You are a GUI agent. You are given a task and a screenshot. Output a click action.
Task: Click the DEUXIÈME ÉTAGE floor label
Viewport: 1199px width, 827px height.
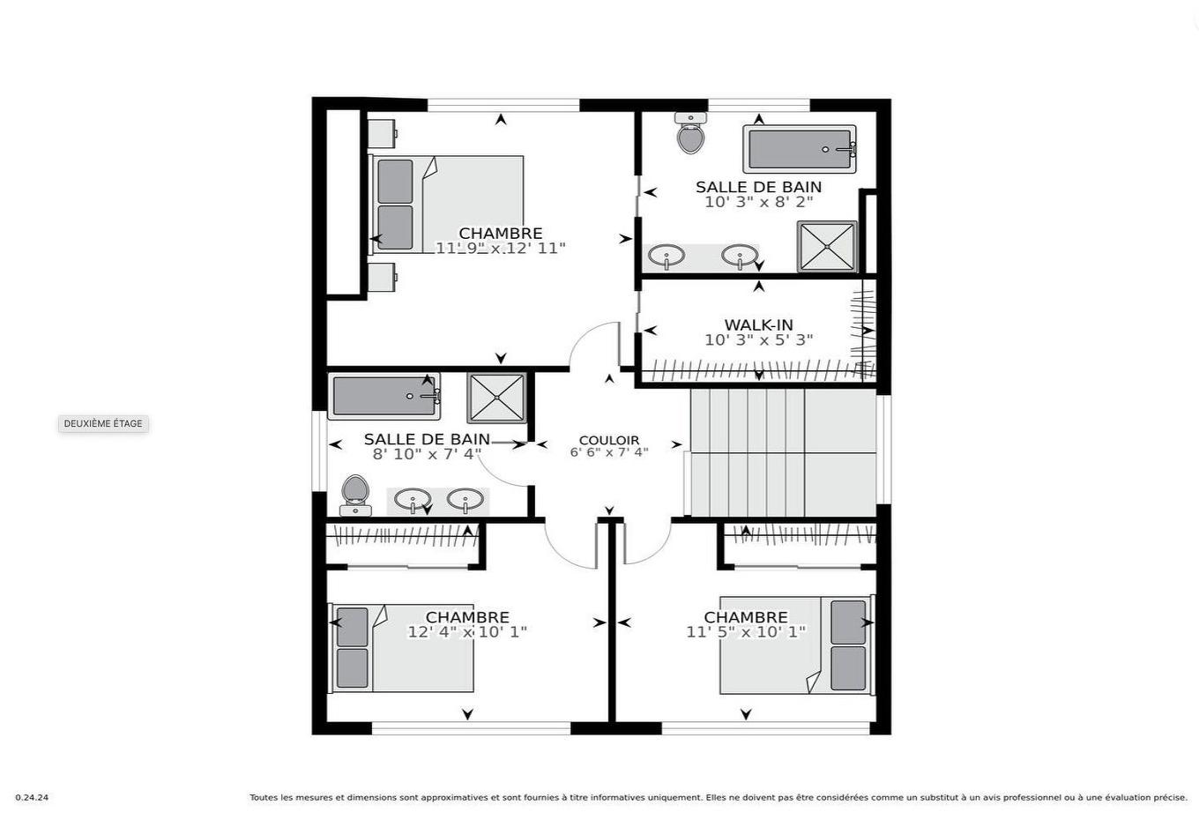(102, 424)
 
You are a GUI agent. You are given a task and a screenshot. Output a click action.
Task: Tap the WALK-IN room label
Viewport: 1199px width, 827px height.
(758, 325)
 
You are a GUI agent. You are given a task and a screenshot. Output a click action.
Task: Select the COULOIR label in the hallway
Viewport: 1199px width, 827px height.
(608, 440)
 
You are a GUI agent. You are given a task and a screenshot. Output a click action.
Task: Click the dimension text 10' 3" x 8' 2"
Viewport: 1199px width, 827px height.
(758, 202)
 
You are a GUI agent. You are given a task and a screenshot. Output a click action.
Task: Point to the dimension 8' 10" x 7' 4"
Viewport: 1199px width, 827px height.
(427, 454)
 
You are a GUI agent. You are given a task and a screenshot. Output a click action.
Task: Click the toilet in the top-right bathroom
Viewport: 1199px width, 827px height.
(690, 135)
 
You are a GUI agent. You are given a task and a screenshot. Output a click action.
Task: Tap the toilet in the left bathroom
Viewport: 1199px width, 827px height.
(355, 495)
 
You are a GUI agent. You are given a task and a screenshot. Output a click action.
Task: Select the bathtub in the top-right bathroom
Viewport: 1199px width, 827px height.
(800, 149)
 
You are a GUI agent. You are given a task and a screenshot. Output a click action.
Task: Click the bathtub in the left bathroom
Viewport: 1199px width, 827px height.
(384, 396)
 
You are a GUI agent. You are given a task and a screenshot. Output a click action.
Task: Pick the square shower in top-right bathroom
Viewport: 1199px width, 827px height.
(827, 247)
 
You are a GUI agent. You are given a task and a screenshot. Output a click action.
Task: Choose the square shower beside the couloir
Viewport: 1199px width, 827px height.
(496, 399)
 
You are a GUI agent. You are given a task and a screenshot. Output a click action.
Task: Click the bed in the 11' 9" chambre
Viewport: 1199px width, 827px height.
(448, 205)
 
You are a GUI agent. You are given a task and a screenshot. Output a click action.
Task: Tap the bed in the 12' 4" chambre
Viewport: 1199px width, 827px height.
(402, 648)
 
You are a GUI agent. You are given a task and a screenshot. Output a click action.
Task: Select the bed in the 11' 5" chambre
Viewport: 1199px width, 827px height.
(796, 646)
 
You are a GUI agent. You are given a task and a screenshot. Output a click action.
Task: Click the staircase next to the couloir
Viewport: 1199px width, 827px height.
(780, 452)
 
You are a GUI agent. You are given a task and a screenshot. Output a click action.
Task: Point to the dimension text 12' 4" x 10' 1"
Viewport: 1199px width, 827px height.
(466, 632)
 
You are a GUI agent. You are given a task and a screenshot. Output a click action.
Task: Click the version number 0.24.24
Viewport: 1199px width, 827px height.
(32, 798)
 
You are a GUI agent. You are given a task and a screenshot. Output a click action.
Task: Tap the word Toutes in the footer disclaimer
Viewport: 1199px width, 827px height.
(264, 798)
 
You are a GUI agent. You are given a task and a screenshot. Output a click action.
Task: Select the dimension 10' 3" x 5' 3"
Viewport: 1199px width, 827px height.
(758, 340)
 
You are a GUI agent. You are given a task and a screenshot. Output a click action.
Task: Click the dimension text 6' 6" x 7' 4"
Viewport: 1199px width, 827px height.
(608, 453)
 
